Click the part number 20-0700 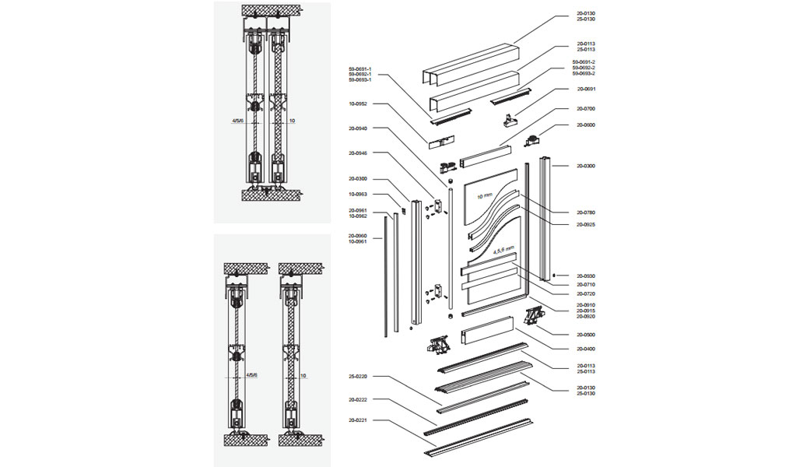pos(585,109)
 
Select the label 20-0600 pos(585,125)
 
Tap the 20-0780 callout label pos(585,212)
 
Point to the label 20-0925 pos(585,224)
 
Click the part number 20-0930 pos(585,276)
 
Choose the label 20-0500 pos(585,335)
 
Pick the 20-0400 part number pos(585,349)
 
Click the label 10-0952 pos(358,104)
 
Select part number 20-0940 pos(358,128)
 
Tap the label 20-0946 pos(358,153)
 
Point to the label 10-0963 pos(358,194)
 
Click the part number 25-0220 pos(358,377)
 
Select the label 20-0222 pos(358,400)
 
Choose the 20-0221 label pos(358,420)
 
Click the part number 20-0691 pos(585,89)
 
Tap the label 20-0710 pos(585,285)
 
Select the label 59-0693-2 pos(584,74)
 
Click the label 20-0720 pos(585,294)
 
